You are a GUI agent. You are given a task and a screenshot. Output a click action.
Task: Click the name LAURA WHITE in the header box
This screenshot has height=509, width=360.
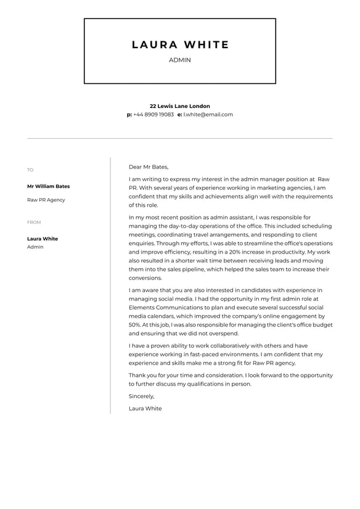180,45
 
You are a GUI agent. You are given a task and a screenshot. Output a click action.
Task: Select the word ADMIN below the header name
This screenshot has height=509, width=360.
180,60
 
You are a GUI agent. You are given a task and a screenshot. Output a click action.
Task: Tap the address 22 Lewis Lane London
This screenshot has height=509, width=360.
179,106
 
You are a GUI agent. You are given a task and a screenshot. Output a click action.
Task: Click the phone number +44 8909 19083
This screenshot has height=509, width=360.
153,115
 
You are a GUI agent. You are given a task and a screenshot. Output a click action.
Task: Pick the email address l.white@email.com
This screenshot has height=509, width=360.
208,115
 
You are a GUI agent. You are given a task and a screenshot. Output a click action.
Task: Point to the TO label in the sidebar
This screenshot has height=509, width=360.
30,170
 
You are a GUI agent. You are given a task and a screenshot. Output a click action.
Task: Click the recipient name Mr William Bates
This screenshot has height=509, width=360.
48,186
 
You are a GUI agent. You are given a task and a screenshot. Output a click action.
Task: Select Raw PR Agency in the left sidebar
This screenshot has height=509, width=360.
46,200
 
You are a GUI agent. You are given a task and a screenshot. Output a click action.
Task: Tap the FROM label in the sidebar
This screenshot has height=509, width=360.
34,223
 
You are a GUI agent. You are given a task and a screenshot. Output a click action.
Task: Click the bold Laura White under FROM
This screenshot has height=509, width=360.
43,239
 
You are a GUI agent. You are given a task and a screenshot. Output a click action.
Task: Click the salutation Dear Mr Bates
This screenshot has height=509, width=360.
148,167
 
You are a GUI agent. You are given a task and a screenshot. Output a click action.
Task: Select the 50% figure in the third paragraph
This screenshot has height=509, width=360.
134,325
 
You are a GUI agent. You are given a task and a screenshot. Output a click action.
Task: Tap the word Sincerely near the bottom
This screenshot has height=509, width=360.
141,396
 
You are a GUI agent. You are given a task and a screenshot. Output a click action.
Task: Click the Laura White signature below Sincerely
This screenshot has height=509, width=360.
145,408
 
